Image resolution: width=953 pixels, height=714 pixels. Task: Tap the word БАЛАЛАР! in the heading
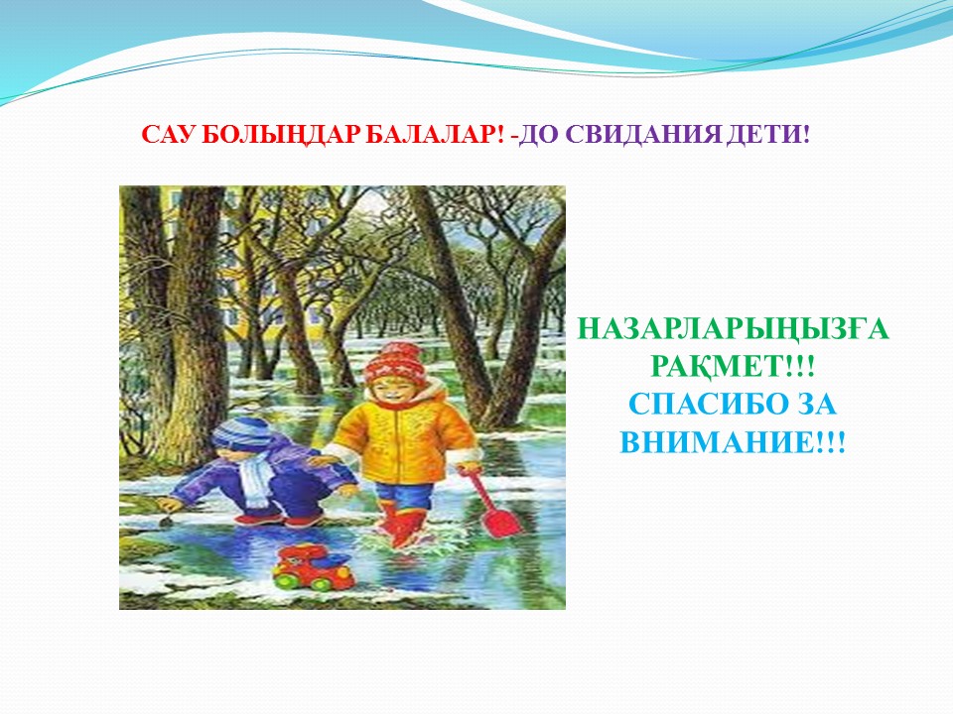[x=434, y=134]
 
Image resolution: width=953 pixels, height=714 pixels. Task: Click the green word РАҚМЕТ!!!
[x=733, y=367]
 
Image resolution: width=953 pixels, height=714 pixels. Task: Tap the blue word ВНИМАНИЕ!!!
[x=733, y=441]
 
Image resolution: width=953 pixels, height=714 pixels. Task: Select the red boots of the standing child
[x=401, y=524]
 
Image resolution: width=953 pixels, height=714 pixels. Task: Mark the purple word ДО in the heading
[x=539, y=135]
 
